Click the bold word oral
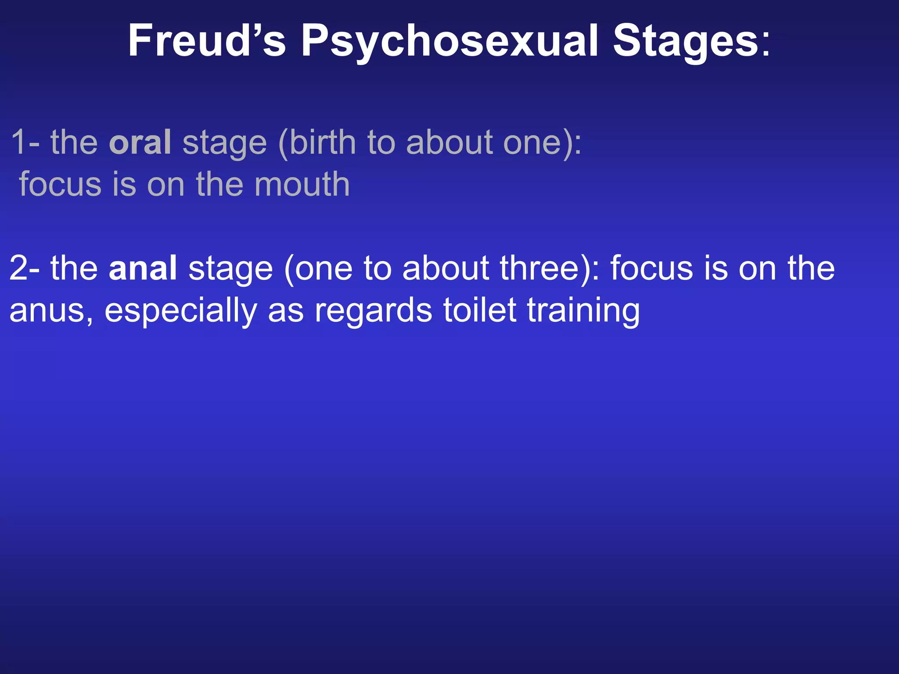[140, 142]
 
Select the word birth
[323, 142]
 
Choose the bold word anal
[143, 268]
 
